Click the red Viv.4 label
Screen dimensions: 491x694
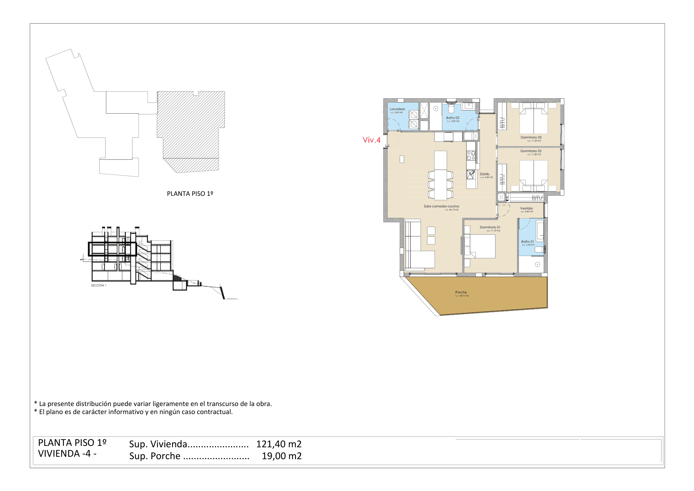tap(371, 140)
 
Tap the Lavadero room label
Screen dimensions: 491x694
tap(397, 109)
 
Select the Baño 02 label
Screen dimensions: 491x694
tap(453, 118)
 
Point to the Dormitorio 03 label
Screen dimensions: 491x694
tap(531, 137)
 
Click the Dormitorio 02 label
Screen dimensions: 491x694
tap(531, 151)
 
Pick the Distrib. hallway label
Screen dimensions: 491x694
tap(485, 174)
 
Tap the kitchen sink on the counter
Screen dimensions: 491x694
tap(471, 173)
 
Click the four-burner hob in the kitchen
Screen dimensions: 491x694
tap(471, 156)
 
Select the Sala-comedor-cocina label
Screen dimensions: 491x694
tap(441, 206)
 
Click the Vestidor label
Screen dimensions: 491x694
tap(526, 208)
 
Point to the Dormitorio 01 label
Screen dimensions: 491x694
tap(490, 227)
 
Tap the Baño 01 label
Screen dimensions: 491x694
tap(527, 242)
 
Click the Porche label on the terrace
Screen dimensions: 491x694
tap(461, 292)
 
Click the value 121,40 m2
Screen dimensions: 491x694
tap(279, 444)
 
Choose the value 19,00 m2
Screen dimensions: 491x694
tap(281, 456)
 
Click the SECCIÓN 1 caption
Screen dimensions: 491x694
tap(99, 285)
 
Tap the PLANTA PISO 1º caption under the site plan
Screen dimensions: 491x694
tap(190, 194)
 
